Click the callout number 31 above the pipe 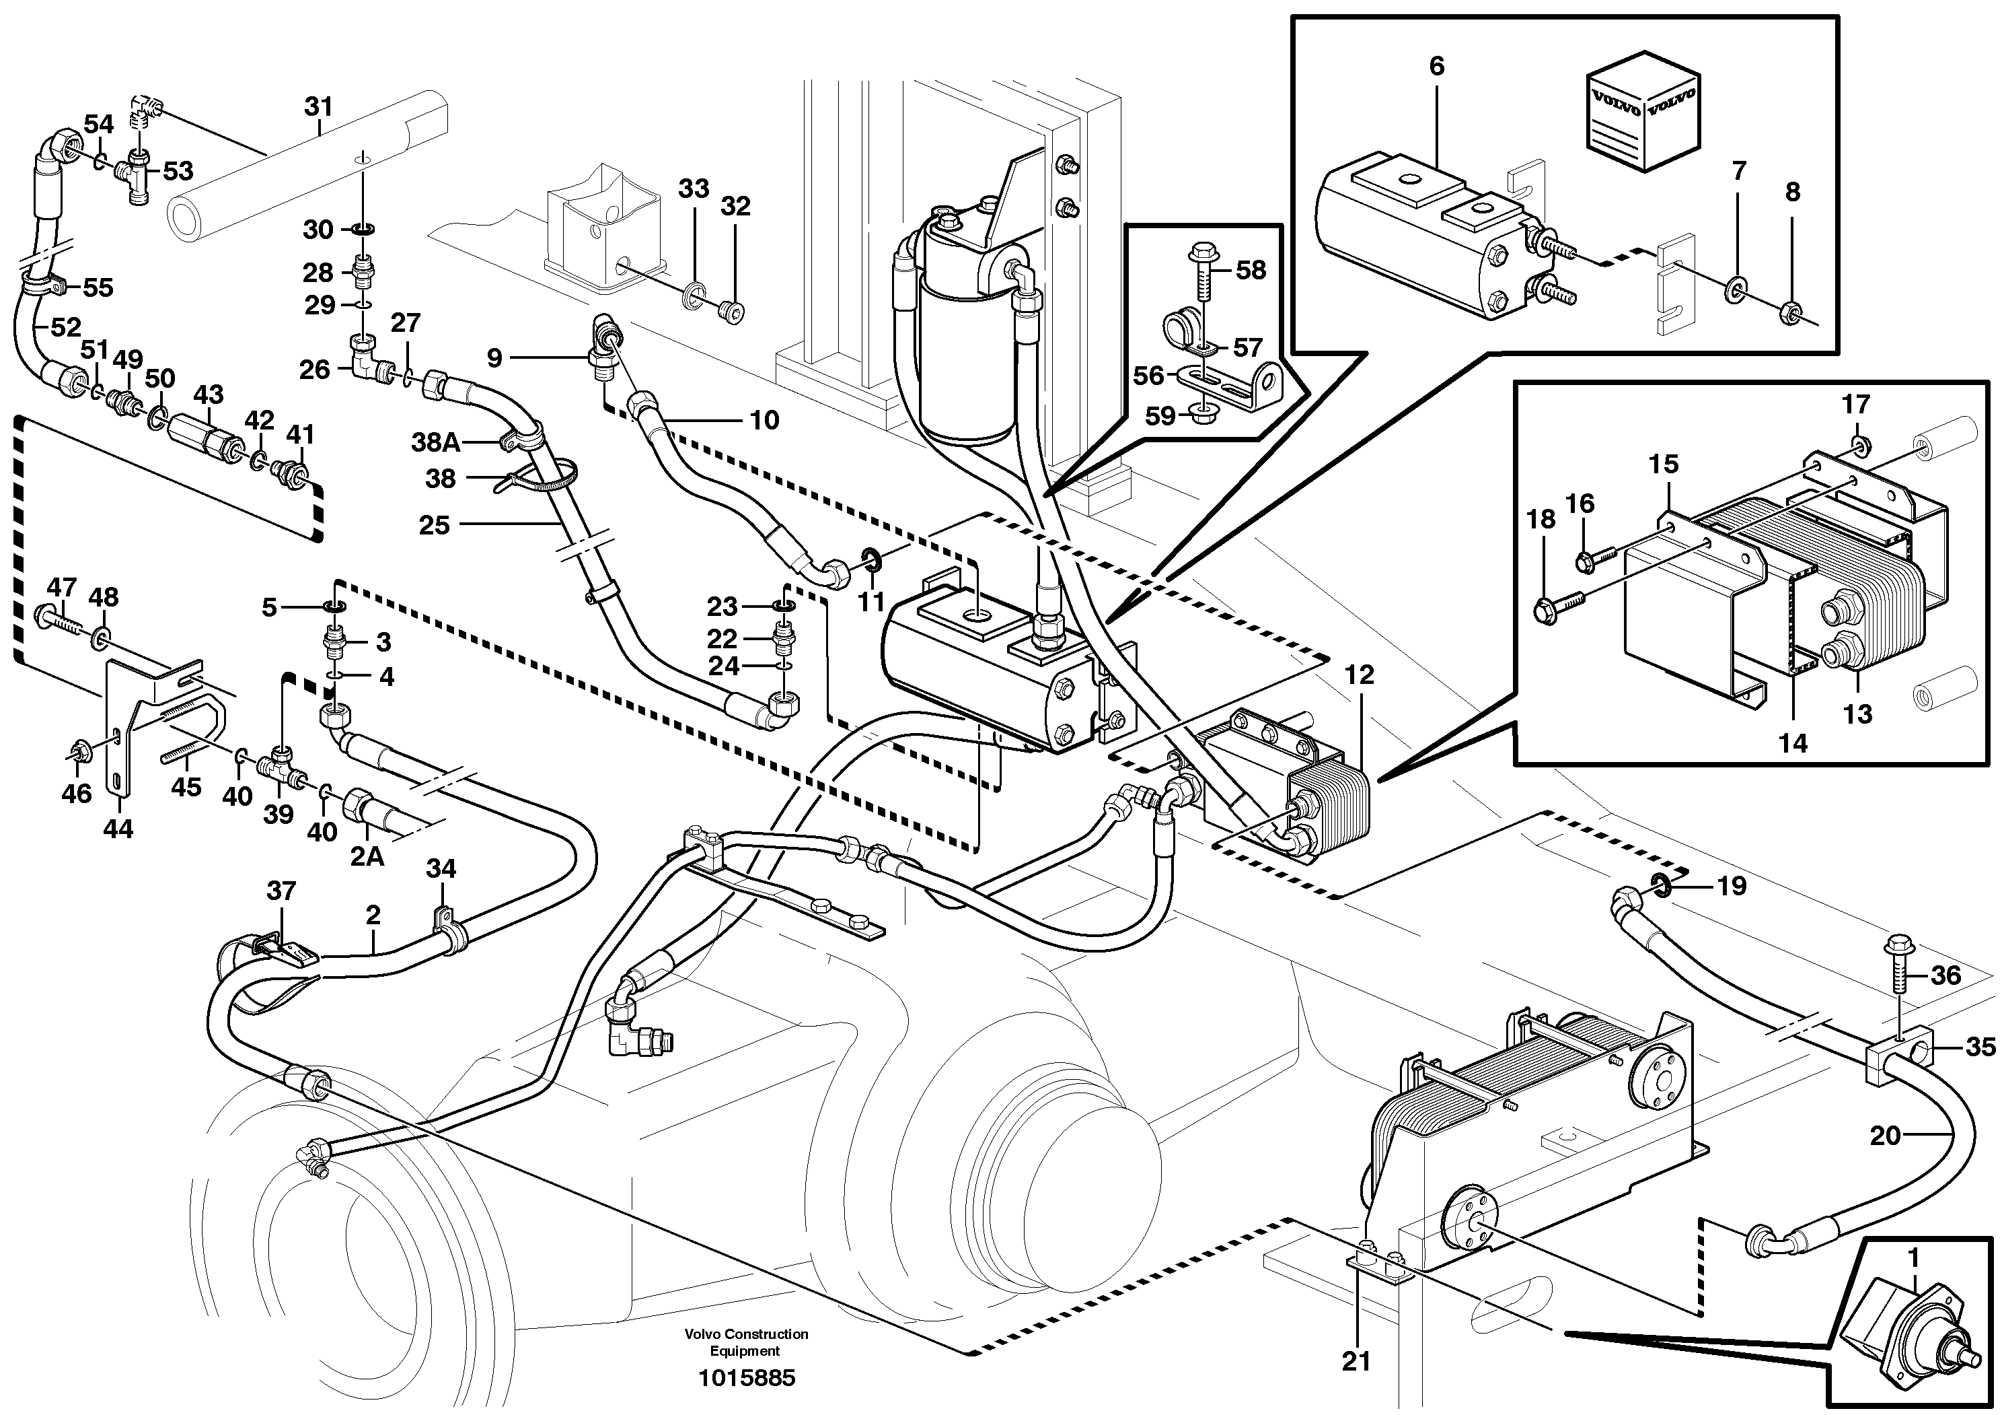point(318,107)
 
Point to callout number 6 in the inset point(1436,66)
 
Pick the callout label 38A point(435,443)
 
